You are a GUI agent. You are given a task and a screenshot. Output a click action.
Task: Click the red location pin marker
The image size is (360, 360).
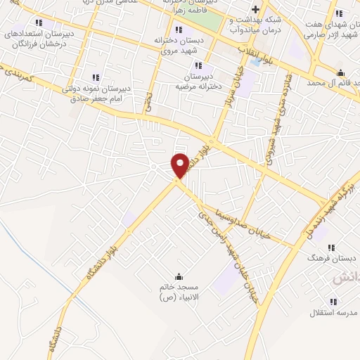pos(181,165)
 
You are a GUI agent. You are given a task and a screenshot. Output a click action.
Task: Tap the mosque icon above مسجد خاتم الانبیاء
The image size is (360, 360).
pos(179,276)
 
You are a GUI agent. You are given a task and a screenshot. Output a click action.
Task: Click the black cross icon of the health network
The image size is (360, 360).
pos(255,9)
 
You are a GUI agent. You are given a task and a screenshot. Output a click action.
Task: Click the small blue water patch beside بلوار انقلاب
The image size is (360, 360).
pos(255,62)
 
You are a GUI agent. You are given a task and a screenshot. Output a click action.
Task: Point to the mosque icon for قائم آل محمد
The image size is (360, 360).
pos(341,72)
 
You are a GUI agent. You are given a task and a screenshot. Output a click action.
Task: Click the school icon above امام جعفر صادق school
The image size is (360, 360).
pos(96,77)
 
